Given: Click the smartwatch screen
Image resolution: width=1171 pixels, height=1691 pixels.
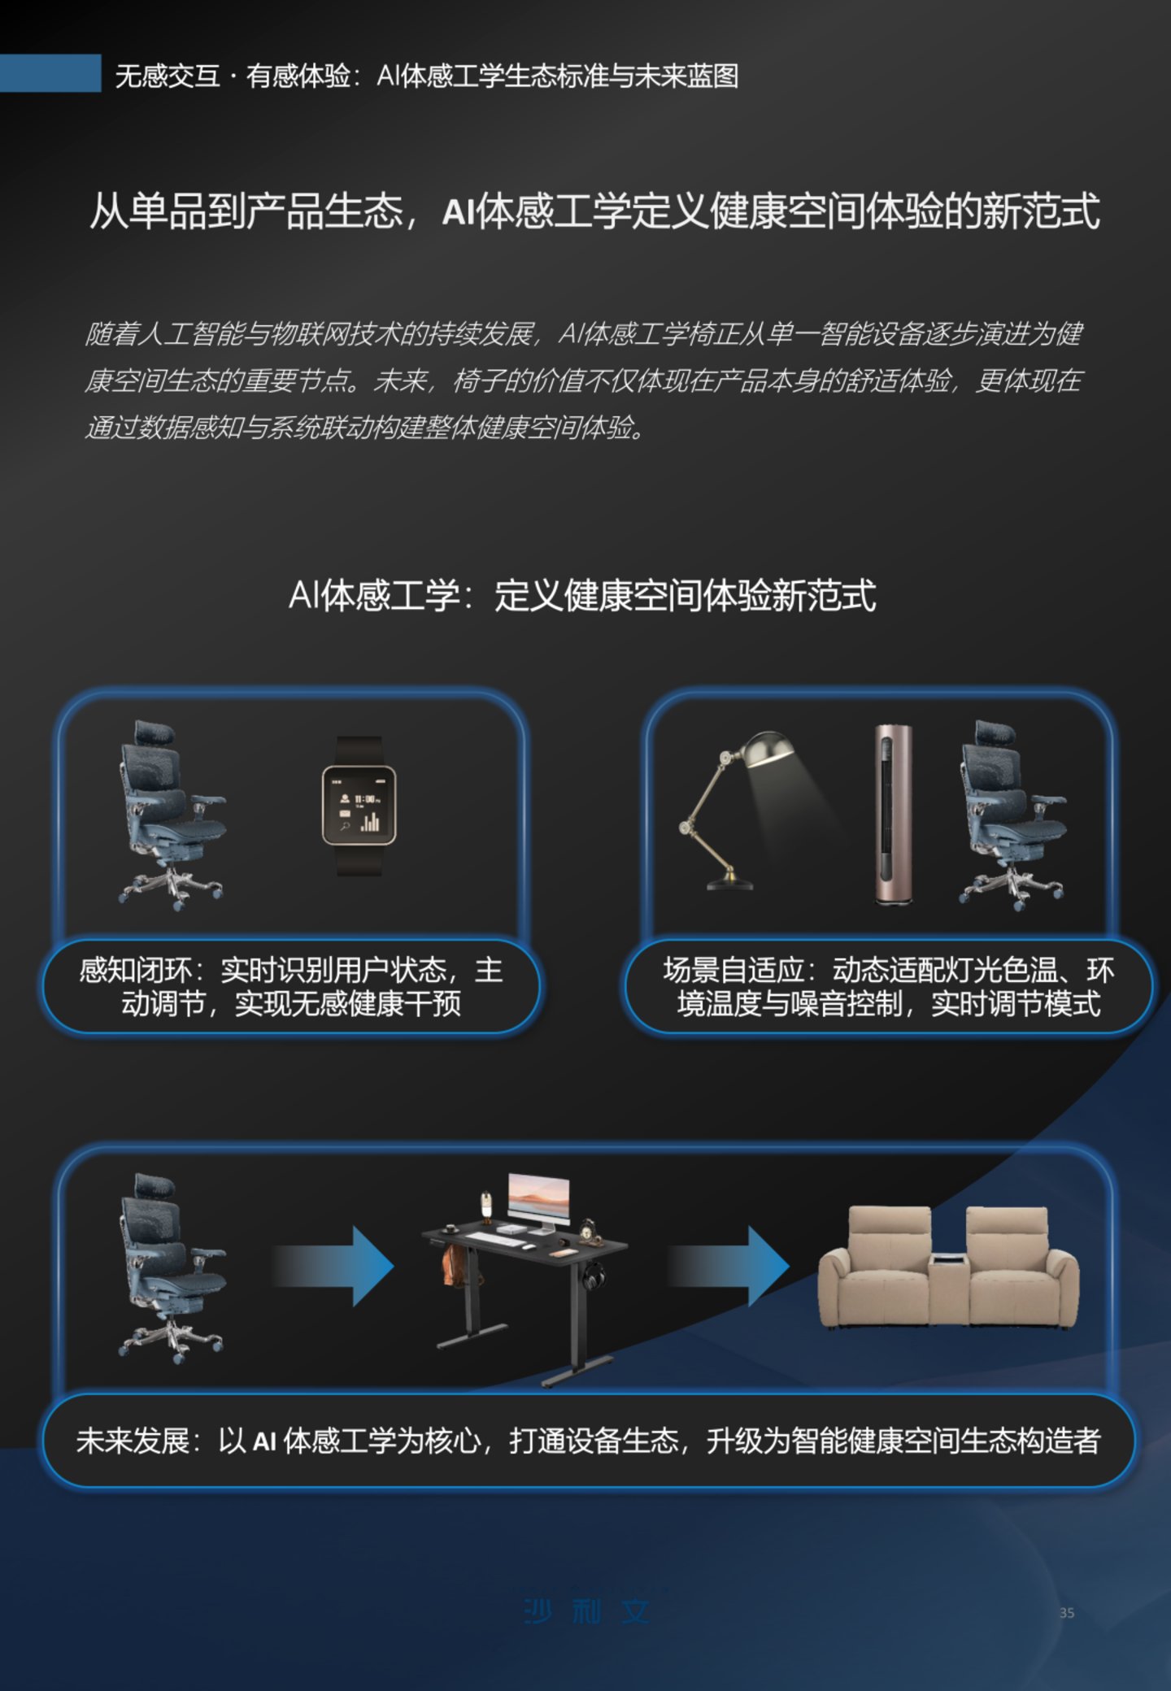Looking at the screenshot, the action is point(359,805).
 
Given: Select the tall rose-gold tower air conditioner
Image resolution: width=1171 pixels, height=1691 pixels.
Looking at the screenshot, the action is point(892,814).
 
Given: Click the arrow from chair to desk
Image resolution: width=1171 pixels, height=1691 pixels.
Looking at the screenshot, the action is point(333,1266).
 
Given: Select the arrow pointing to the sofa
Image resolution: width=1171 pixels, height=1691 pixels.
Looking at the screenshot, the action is point(729,1266).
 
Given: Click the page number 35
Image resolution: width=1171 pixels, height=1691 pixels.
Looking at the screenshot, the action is point(1067,1613).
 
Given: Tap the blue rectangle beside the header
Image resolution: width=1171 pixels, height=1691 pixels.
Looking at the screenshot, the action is point(50,73).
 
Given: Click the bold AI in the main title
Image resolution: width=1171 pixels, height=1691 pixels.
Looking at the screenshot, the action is point(459,213).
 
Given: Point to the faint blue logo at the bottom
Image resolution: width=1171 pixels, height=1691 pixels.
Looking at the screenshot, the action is point(586,1611).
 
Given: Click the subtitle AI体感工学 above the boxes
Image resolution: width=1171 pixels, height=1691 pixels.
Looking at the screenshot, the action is point(374,596).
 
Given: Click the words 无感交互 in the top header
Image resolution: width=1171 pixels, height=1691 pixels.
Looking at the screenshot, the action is point(168,76).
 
